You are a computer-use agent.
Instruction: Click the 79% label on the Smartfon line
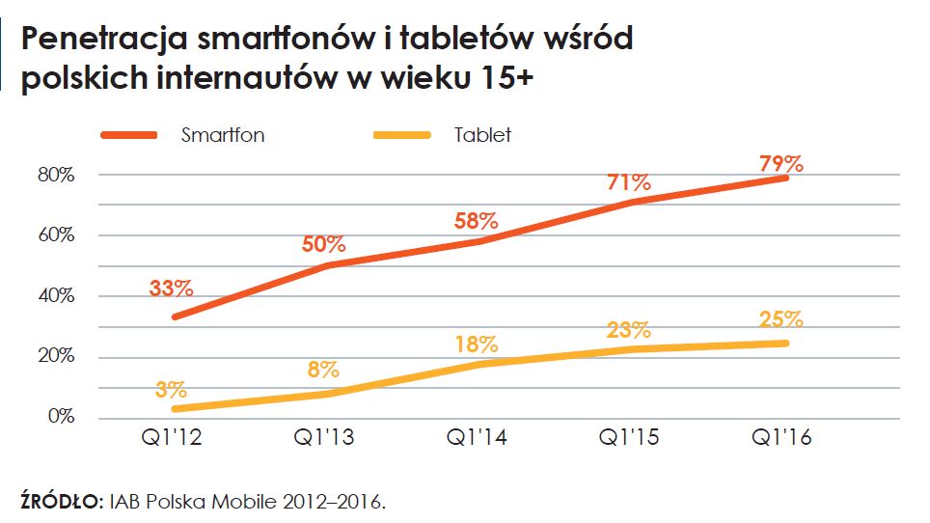coord(780,163)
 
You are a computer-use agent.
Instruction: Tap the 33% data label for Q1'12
coord(172,289)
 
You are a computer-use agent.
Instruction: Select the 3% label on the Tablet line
coord(170,391)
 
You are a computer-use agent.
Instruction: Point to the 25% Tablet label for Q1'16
coord(780,319)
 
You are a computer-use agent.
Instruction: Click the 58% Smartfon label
coord(477,221)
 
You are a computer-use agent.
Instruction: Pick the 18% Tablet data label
coord(476,344)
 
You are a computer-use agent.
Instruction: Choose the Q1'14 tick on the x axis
coord(477,438)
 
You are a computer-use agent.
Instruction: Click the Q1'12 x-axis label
coord(172,438)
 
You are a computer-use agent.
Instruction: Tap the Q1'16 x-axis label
coord(780,438)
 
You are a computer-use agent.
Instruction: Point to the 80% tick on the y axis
coord(57,175)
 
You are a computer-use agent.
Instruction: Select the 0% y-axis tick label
coord(62,417)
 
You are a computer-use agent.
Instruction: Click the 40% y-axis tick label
coord(57,296)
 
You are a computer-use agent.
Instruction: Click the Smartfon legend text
coord(223,135)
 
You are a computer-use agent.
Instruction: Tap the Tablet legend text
coord(482,135)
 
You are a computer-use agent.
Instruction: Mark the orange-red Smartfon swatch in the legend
coord(128,135)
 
